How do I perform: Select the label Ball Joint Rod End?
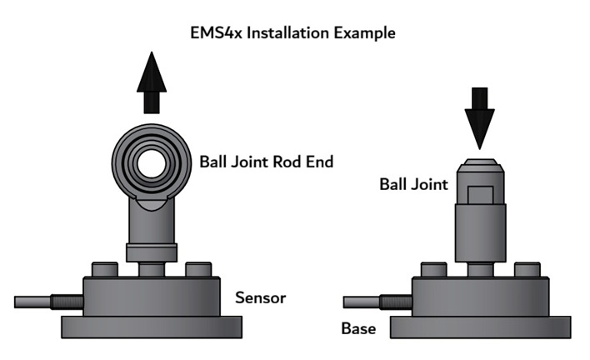point(266,162)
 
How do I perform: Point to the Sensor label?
point(260,297)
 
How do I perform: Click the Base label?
point(358,328)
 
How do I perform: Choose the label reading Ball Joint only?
point(413,184)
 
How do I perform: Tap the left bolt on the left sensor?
point(103,269)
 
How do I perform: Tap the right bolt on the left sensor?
point(197,269)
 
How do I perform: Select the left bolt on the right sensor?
point(432,269)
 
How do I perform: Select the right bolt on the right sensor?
point(526,269)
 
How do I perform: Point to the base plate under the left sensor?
point(151,327)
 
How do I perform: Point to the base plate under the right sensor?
point(479,327)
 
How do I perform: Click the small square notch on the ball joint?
point(479,194)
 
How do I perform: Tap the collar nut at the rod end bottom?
point(151,251)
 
